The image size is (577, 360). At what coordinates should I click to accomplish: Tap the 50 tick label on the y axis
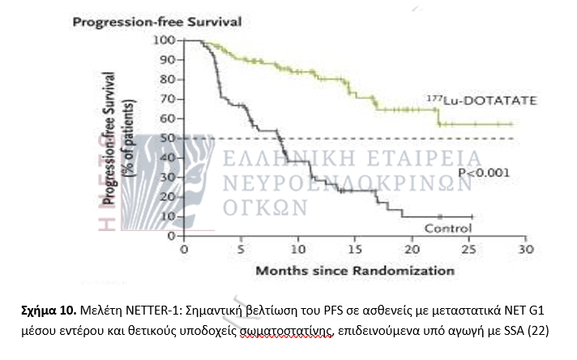tap(169, 138)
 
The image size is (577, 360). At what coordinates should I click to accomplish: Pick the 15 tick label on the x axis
tap(354, 250)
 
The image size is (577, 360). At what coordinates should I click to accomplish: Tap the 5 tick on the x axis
tap(241, 250)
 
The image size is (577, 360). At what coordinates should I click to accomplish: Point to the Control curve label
tap(448, 229)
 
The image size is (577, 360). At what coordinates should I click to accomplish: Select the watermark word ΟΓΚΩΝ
tap(265, 206)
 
